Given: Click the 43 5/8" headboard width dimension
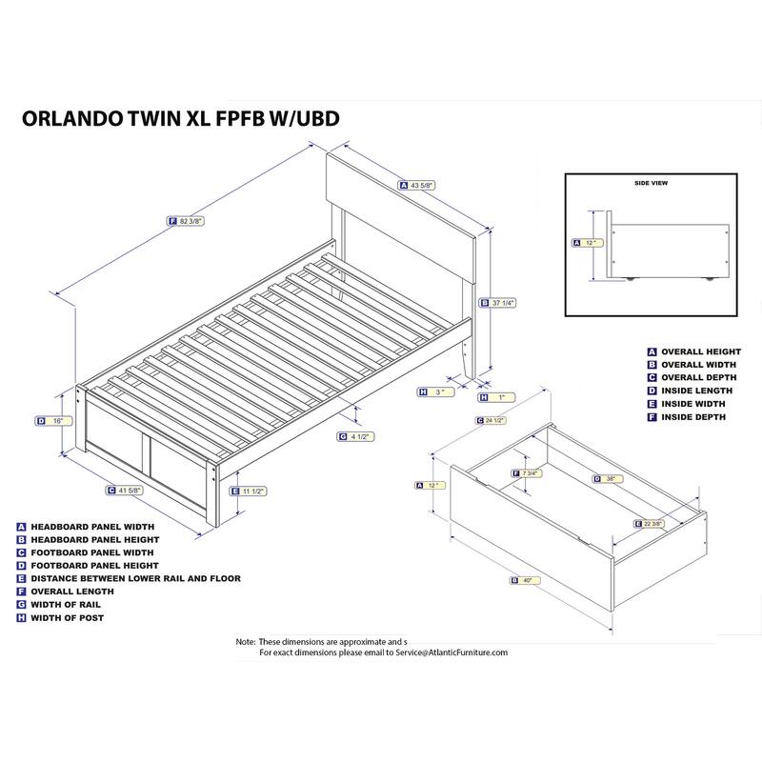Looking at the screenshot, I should pyautogui.click(x=422, y=186).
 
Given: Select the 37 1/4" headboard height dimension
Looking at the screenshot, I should pyautogui.click(x=503, y=303).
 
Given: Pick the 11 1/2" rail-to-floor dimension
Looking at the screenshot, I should pyautogui.click(x=252, y=491).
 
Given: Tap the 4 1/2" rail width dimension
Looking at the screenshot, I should pyautogui.click(x=359, y=436).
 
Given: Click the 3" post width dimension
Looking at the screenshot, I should pyautogui.click(x=437, y=391).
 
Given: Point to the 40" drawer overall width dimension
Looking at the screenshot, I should pyautogui.click(x=526, y=580).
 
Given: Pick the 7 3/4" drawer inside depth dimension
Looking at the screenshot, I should pyautogui.click(x=530, y=472).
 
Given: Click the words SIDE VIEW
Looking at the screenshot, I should pyautogui.click(x=651, y=182).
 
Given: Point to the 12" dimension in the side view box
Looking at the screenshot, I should pyautogui.click(x=590, y=242).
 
